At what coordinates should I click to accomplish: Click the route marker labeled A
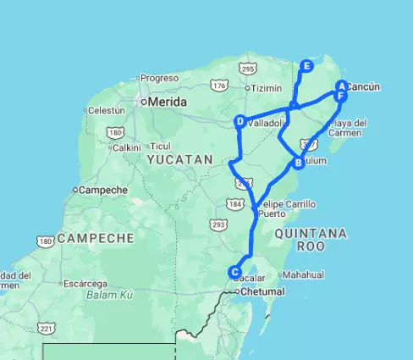(341, 86)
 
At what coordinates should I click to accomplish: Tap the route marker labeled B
(299, 163)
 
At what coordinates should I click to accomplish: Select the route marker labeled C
(234, 272)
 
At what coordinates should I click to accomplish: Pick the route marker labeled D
(240, 122)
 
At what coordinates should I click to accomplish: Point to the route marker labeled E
(306, 66)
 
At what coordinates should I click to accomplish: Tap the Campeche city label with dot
(103, 190)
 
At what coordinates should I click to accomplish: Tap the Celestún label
(106, 110)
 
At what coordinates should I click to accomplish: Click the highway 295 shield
(246, 68)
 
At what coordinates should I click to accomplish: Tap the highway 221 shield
(47, 327)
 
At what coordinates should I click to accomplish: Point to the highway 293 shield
(218, 224)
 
